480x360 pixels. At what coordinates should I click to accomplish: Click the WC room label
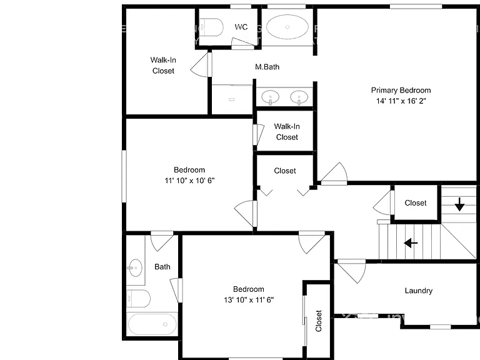click(x=241, y=27)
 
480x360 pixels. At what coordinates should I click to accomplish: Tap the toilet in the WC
click(x=211, y=27)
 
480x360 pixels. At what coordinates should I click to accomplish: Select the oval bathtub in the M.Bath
click(x=287, y=27)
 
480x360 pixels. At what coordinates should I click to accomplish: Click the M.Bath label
click(x=267, y=67)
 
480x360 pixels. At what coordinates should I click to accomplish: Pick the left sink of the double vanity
click(x=270, y=97)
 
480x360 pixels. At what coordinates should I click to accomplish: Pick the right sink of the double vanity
click(x=299, y=97)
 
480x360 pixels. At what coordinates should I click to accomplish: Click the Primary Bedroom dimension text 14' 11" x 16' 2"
click(x=401, y=101)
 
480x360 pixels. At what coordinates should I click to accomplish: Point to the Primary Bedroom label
click(x=401, y=90)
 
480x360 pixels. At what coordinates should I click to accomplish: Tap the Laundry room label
click(x=419, y=291)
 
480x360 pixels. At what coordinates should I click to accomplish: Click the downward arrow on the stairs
click(x=459, y=204)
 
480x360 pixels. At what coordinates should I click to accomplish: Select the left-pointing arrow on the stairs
click(x=411, y=243)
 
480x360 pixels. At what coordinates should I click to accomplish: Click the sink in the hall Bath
click(x=135, y=267)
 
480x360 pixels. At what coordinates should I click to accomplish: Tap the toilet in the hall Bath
click(x=138, y=299)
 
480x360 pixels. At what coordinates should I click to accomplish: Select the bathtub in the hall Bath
click(x=152, y=324)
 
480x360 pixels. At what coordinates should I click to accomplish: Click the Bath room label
click(x=162, y=267)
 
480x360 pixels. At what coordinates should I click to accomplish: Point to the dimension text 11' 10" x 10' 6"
click(x=189, y=181)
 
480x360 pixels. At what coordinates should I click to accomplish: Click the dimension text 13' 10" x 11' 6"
click(x=249, y=300)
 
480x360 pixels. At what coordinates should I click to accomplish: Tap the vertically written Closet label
click(x=318, y=321)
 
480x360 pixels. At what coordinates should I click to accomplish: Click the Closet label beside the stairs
click(x=416, y=203)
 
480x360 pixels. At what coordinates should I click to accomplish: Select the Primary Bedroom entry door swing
click(x=334, y=174)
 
